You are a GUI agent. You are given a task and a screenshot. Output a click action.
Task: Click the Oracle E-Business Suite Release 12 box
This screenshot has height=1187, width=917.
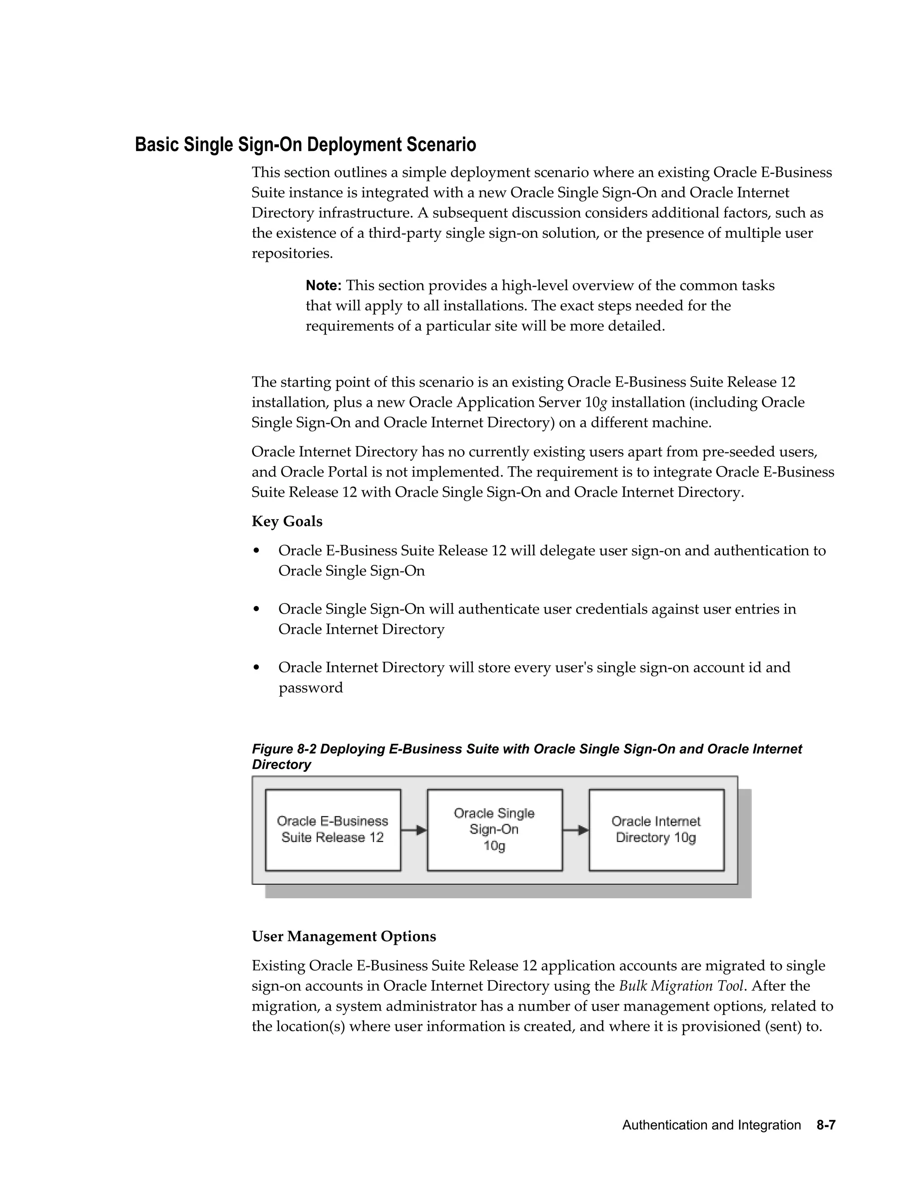(333, 830)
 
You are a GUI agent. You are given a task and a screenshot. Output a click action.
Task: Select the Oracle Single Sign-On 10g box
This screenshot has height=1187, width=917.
(494, 830)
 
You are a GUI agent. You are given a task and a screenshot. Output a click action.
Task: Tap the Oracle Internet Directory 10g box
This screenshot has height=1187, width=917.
(656, 830)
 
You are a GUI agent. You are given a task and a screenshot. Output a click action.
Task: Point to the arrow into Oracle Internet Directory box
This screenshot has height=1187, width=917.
(576, 830)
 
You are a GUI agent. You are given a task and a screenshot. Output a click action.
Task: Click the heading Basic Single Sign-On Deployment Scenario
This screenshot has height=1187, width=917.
(305, 145)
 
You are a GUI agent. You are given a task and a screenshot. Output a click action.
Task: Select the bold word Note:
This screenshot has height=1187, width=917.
(323, 285)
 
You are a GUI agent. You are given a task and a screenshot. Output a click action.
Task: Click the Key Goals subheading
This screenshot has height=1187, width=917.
(287, 521)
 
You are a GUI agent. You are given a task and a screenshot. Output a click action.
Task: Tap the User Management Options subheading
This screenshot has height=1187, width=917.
(344, 936)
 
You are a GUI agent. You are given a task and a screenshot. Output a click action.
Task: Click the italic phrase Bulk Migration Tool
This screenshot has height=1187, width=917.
(681, 986)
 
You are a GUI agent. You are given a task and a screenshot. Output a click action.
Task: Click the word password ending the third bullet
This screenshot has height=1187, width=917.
(311, 688)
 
